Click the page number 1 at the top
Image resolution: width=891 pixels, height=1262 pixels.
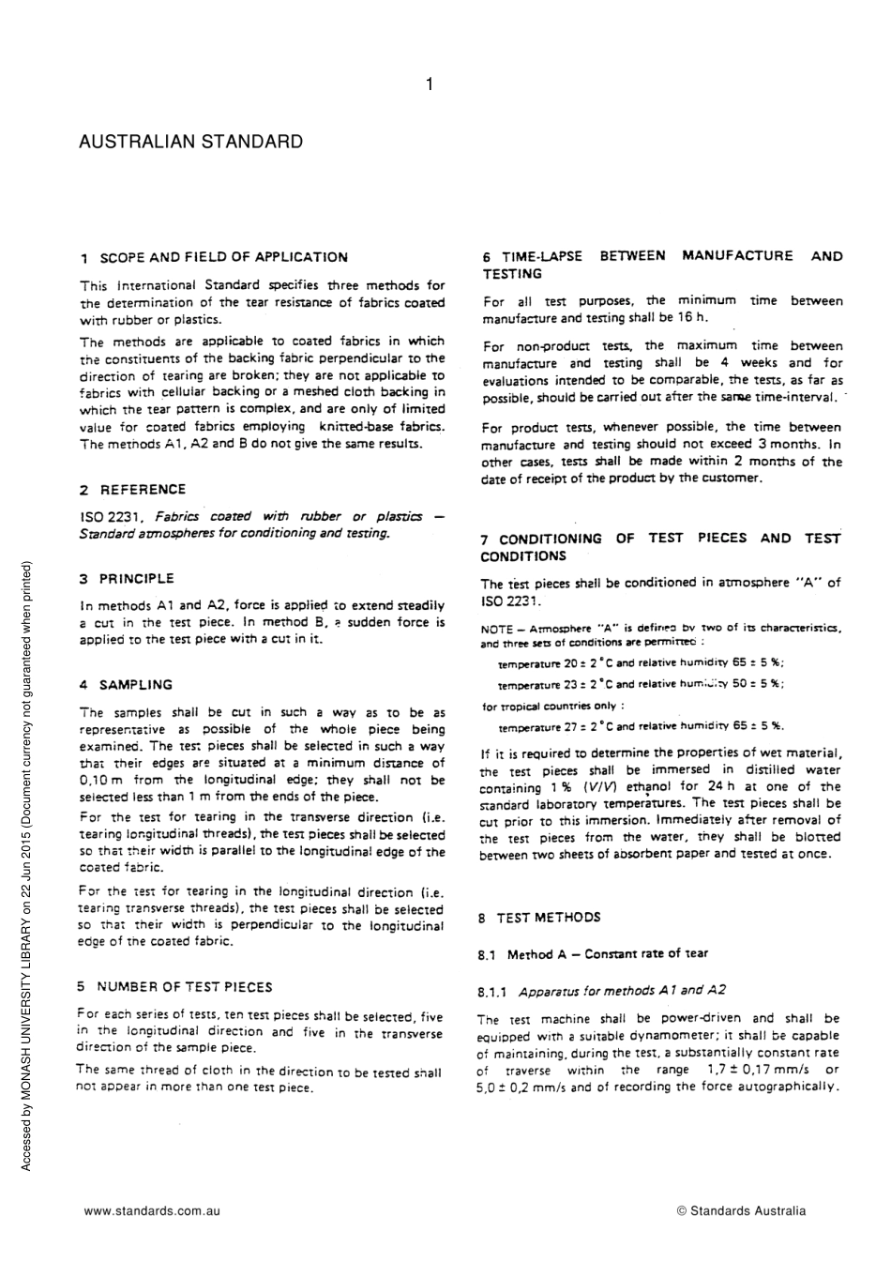(430, 85)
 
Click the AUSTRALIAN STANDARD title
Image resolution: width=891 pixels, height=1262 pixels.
(190, 142)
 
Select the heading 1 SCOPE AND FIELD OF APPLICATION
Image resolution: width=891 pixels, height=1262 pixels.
(214, 257)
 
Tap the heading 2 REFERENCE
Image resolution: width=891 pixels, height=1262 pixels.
(132, 489)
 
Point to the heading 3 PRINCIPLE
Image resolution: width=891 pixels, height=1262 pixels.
(127, 578)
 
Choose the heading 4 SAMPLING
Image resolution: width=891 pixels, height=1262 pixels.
(126, 684)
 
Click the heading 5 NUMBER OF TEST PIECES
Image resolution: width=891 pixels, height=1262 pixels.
(175, 986)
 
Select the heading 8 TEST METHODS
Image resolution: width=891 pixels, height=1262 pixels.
(538, 917)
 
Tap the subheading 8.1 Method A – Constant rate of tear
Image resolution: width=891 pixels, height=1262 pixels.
(593, 954)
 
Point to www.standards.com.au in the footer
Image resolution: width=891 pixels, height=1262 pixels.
(152, 1210)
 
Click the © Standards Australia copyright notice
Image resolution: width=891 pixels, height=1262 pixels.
(741, 1210)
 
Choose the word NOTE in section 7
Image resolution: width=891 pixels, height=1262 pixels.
(496, 628)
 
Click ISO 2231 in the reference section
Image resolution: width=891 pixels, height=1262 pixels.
(111, 516)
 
